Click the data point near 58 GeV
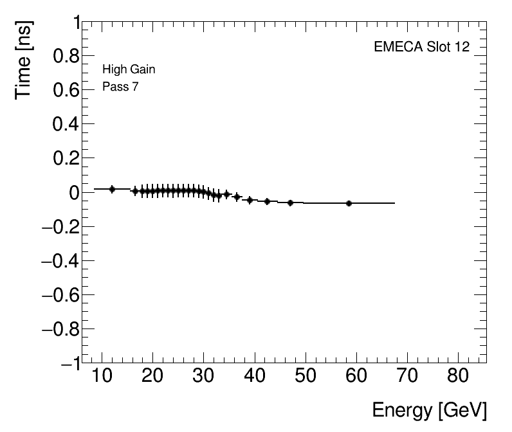pyautogui.click(x=349, y=203)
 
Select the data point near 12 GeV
pyautogui.click(x=112, y=189)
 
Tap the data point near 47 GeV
pyautogui.click(x=290, y=203)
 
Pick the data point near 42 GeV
pyautogui.click(x=267, y=201)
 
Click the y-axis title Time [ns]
pyautogui.click(x=24, y=59)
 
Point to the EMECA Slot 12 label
pyautogui.click(x=421, y=47)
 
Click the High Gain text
pyautogui.click(x=129, y=69)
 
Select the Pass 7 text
pyautogui.click(x=120, y=87)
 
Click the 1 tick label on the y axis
pyautogui.click(x=76, y=24)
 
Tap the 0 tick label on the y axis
pyautogui.click(x=75, y=193)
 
